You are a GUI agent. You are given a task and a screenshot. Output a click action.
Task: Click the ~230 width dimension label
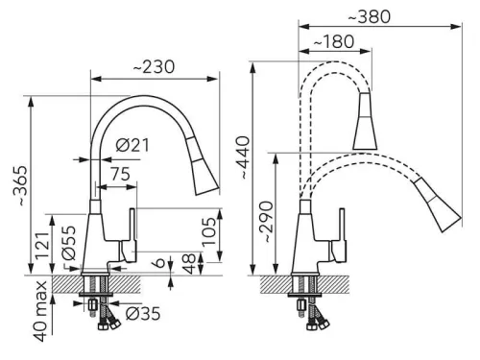(154, 67)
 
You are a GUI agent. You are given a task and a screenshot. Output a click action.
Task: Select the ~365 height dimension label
(21, 185)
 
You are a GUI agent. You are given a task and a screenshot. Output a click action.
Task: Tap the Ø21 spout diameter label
(132, 146)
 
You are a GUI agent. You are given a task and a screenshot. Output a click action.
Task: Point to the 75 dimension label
(121, 174)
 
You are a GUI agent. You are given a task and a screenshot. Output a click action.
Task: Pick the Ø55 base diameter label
(68, 243)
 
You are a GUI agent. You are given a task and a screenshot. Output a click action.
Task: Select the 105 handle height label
(209, 231)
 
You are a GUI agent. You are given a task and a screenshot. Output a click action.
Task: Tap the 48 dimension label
(189, 264)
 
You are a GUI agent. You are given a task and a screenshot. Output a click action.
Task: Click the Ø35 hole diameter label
(143, 314)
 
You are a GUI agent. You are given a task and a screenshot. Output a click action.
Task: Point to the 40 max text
(41, 312)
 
